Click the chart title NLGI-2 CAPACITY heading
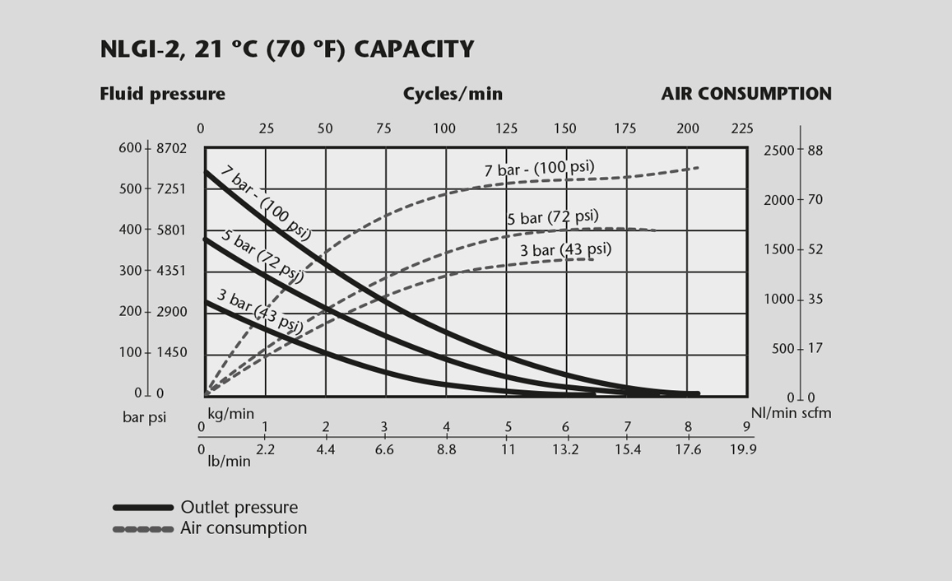click(x=286, y=49)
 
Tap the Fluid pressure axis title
click(x=162, y=94)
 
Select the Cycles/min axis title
click(x=453, y=94)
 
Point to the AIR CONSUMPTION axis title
click(x=746, y=94)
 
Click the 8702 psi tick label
click(x=172, y=149)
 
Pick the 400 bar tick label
click(x=131, y=230)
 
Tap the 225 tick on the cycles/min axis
click(x=742, y=128)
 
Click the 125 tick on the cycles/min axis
click(x=506, y=128)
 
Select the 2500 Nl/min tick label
click(x=779, y=151)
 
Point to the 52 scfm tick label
click(x=815, y=249)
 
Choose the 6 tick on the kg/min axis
click(x=565, y=427)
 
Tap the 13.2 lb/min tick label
click(x=565, y=449)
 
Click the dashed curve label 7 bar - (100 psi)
click(x=539, y=169)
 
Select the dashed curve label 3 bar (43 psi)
click(x=565, y=250)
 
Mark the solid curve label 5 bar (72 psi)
click(x=262, y=256)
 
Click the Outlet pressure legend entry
click(x=239, y=508)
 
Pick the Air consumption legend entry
click(x=244, y=528)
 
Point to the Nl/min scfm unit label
click(x=791, y=413)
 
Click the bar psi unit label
click(x=144, y=417)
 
